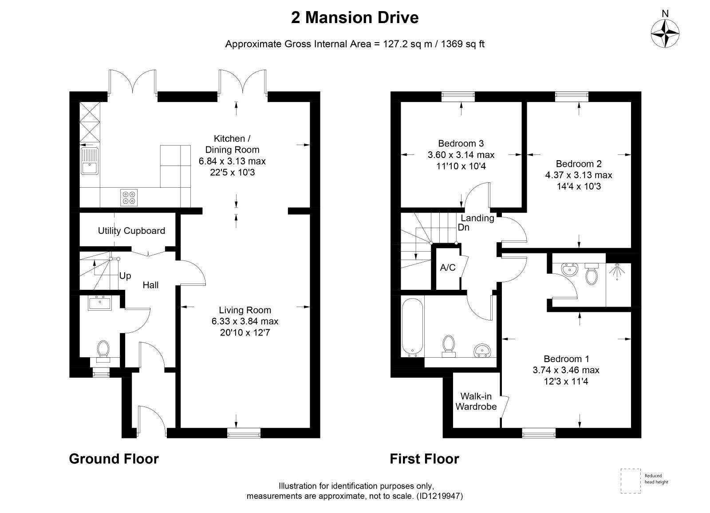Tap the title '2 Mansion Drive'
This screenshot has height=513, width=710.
tap(355, 18)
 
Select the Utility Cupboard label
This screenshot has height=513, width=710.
tap(131, 231)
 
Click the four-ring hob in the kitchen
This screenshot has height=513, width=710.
tap(129, 197)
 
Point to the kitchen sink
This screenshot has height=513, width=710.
tap(90, 161)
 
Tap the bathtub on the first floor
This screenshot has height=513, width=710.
tap(412, 327)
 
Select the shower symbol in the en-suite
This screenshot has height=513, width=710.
tap(617, 271)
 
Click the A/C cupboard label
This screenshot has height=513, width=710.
tap(448, 268)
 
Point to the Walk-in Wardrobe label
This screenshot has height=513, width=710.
tap(476, 401)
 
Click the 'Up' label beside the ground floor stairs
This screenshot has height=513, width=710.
tap(125, 276)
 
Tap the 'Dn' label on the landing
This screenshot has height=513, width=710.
tap(463, 227)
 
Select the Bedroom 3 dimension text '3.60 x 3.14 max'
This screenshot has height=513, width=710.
tap(461, 155)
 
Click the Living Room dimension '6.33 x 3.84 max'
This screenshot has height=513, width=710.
tap(245, 321)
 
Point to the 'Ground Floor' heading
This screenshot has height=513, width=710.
tap(114, 459)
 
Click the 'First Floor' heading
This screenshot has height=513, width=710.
tap(424, 459)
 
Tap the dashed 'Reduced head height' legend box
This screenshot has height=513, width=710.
tap(631, 481)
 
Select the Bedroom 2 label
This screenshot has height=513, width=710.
tap(579, 164)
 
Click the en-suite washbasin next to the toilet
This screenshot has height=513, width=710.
tap(569, 270)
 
